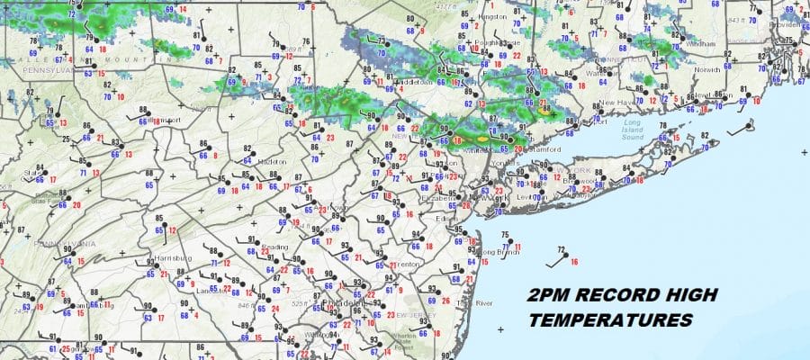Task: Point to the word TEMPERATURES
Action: tap(611, 320)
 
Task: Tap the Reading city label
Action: tap(275, 246)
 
